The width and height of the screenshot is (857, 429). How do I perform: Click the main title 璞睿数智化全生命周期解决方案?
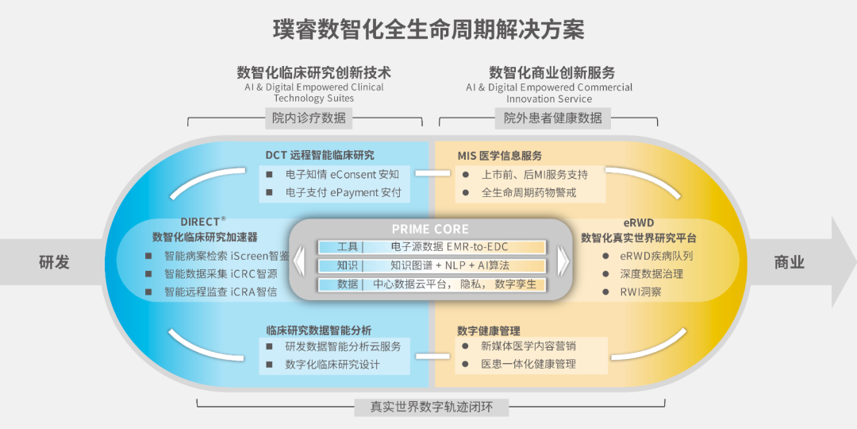(x=428, y=30)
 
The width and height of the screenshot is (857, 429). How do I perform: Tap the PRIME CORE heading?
(x=430, y=229)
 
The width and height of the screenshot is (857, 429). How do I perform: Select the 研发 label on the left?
(x=55, y=262)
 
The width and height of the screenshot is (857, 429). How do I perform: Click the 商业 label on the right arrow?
(x=790, y=262)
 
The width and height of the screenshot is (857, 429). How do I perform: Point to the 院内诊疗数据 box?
(x=309, y=118)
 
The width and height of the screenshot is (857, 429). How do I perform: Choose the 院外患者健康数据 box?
(x=553, y=118)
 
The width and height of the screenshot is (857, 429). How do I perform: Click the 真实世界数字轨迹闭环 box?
(x=431, y=407)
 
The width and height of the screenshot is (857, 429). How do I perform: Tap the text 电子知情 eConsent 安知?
(x=343, y=174)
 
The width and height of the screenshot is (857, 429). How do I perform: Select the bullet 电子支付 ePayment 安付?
(x=344, y=192)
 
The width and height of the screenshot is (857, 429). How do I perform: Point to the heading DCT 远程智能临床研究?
(x=320, y=155)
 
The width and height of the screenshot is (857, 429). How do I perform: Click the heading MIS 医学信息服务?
(x=500, y=155)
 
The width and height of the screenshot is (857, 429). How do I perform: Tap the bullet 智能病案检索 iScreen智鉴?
(x=226, y=256)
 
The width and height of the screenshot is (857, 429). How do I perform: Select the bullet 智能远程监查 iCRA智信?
(x=221, y=292)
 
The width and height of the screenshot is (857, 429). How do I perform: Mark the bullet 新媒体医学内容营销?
(x=528, y=346)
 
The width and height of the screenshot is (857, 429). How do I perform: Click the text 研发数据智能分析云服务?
(x=343, y=346)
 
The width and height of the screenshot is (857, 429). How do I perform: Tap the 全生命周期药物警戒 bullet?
(x=528, y=192)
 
